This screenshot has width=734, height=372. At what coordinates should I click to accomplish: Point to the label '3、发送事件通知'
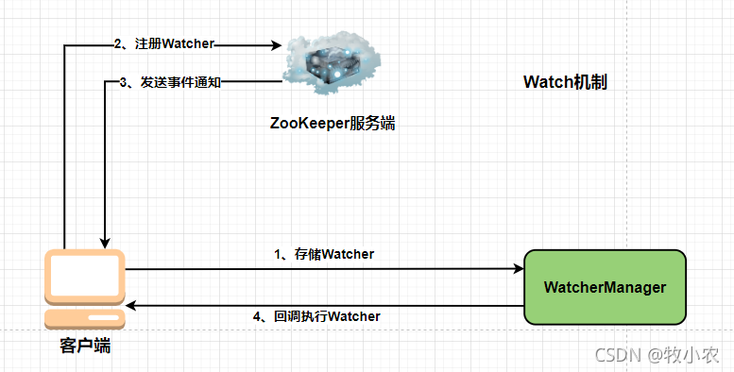tap(171, 82)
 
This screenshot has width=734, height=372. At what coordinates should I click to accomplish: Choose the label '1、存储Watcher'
tap(324, 253)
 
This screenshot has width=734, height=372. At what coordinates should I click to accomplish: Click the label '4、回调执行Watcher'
tap(317, 316)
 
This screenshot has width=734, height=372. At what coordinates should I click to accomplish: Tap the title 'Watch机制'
tap(565, 82)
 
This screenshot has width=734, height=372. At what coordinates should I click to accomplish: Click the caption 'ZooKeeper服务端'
tap(332, 124)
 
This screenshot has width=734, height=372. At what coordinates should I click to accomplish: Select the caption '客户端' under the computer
tap(84, 346)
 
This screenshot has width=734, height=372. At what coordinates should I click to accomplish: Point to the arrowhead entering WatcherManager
tap(519, 269)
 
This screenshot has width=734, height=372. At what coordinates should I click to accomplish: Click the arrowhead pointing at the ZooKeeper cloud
tap(278, 44)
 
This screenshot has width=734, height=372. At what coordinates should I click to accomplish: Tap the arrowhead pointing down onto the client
tap(105, 242)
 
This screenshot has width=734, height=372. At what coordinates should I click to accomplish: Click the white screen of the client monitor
tap(84, 274)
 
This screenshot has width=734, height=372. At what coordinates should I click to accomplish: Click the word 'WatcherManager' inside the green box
tap(605, 287)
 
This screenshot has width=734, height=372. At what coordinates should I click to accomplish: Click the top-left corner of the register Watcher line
tap(64, 45)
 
